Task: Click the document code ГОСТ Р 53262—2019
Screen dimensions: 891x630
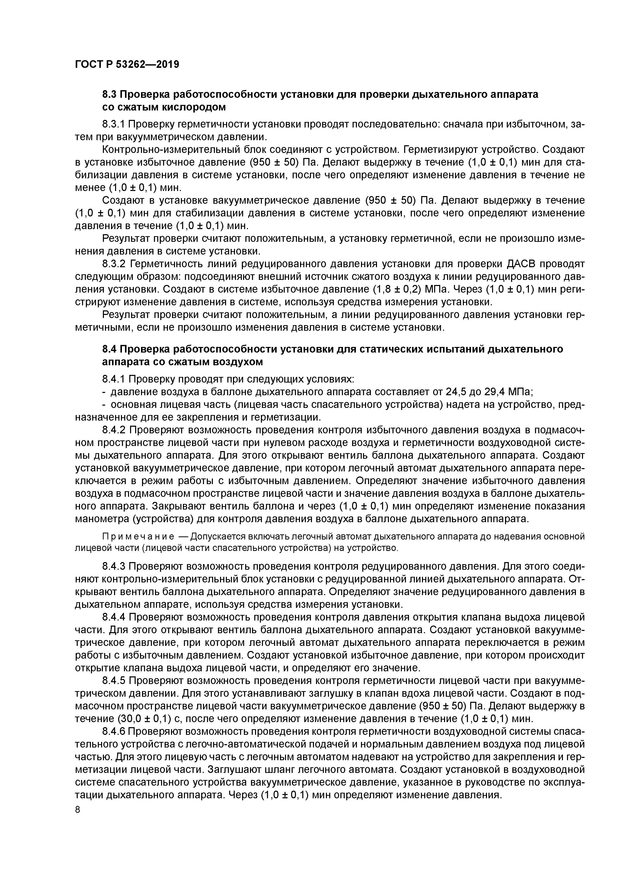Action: [127, 64]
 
